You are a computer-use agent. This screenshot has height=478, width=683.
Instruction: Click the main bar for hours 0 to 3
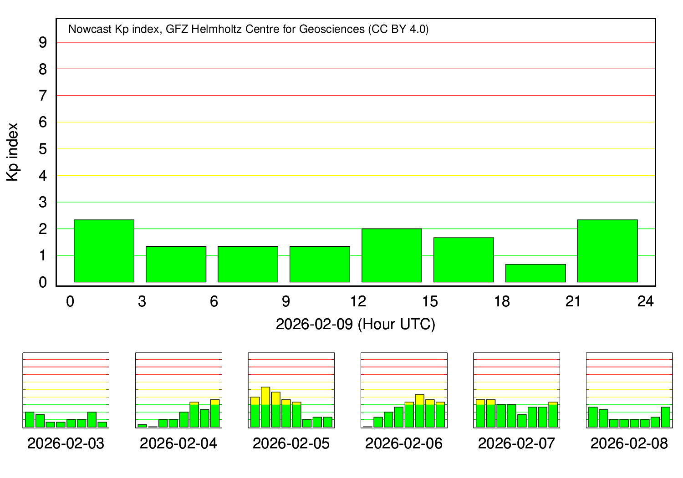[104, 251]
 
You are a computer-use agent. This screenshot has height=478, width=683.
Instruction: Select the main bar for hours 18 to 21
[535, 273]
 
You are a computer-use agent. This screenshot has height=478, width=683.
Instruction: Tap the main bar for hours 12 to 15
[392, 255]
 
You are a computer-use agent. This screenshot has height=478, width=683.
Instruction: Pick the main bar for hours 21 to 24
[607, 251]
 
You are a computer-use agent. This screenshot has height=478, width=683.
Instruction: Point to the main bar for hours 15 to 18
[464, 260]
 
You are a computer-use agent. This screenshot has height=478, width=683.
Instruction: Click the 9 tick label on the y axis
[43, 42]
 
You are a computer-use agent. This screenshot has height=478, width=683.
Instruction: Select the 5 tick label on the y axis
[43, 149]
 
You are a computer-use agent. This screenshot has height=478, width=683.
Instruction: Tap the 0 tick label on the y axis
[43, 282]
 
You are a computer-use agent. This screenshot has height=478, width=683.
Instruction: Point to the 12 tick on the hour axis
[358, 301]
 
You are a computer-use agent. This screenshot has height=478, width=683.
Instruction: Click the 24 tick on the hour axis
[646, 301]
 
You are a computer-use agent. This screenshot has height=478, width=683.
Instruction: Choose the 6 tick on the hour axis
[214, 301]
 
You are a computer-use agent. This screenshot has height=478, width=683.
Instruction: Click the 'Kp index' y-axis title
[13, 152]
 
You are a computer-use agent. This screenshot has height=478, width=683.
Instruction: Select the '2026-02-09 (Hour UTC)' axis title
[356, 324]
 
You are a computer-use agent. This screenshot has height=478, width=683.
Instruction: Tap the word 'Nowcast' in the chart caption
[90, 30]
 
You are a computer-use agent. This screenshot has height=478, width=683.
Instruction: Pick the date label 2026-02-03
[66, 443]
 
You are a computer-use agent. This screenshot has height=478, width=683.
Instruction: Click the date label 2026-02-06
[404, 443]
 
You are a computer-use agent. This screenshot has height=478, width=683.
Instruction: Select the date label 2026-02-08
[629, 443]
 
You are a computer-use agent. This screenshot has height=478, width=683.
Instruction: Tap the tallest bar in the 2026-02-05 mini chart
[265, 407]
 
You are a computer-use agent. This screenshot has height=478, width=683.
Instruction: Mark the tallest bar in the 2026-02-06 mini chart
[419, 411]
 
